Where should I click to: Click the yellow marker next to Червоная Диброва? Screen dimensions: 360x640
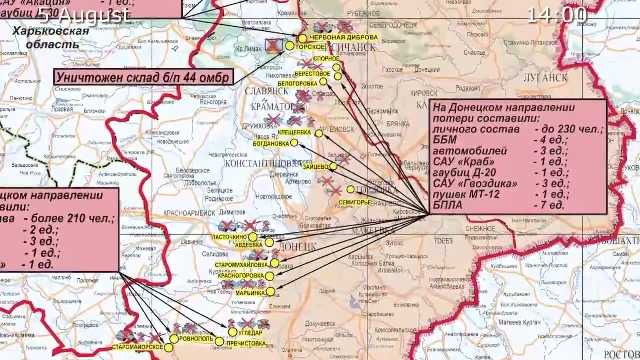(303, 38)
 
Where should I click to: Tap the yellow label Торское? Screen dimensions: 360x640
(310, 47)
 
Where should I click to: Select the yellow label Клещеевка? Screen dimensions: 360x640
(295, 133)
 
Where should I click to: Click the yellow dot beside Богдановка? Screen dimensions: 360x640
(294, 143)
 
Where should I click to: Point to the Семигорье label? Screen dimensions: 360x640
(355, 202)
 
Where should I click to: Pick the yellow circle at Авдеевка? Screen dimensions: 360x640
(269, 242)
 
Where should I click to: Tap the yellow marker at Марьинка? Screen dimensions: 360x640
(270, 291)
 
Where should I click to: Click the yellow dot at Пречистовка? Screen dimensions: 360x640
(219, 341)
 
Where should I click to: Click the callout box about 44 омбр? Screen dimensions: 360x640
(144, 77)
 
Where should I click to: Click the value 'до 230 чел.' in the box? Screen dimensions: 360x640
(568, 129)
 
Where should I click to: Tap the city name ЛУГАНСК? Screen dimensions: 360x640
(545, 78)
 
